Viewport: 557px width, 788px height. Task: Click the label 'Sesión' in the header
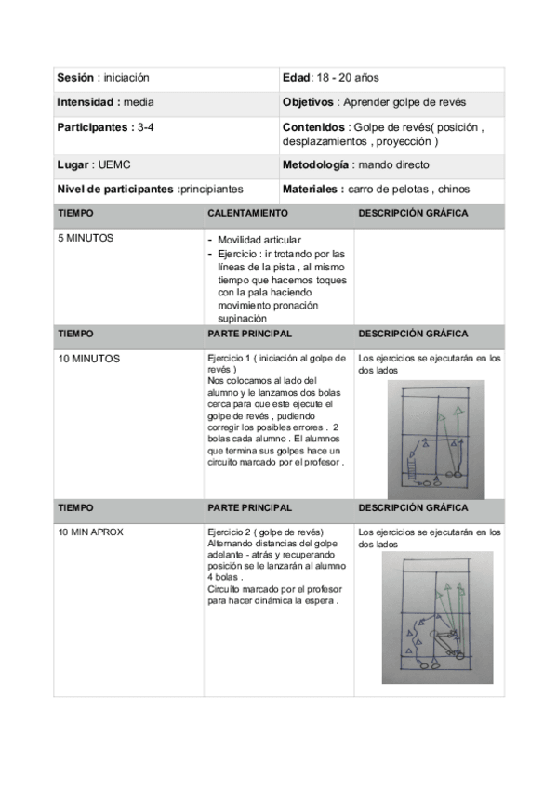74,78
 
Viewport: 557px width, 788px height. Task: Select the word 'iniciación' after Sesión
126,78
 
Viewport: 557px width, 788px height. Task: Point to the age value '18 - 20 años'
349,78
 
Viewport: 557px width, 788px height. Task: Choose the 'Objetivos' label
308,101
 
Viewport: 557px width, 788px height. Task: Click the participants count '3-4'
144,125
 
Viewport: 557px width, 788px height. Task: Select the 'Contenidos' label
312,126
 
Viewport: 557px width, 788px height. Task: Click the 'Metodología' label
315,164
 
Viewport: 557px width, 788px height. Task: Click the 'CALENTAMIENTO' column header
247,213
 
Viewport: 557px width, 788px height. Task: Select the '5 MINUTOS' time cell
86,238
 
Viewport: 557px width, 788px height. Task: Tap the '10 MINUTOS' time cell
88,358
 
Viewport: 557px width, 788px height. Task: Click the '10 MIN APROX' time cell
90,532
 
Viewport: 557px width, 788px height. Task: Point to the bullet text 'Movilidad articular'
259,240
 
